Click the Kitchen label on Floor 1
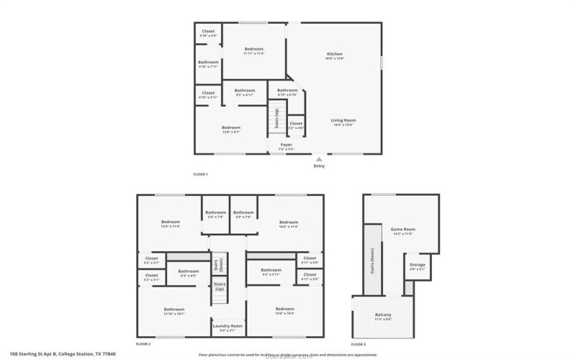(x=334, y=54)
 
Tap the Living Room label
(x=343, y=120)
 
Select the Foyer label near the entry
(x=286, y=145)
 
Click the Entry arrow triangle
(x=319, y=159)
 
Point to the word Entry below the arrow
(x=319, y=166)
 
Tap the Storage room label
(x=418, y=265)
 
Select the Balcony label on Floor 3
(x=383, y=315)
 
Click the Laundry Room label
(x=228, y=326)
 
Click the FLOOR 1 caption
(x=200, y=174)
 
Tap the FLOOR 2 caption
(x=143, y=344)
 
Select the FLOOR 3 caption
(x=358, y=344)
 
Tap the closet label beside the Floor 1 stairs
(x=296, y=124)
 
